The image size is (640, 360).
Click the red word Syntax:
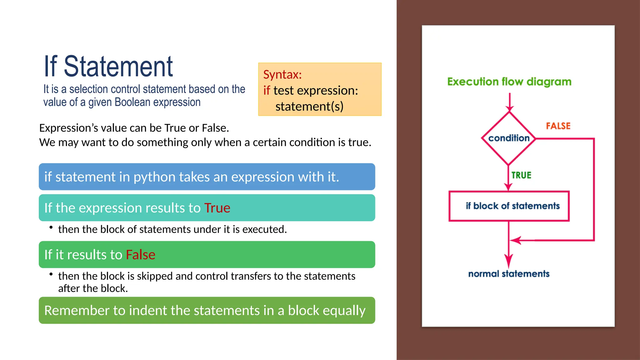click(282, 75)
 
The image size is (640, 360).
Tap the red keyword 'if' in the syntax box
click(266, 91)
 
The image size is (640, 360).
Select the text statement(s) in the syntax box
click(309, 107)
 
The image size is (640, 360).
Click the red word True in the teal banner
click(217, 208)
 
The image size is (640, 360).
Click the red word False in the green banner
click(140, 255)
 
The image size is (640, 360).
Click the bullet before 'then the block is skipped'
click(51, 274)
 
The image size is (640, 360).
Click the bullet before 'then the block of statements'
click(51, 227)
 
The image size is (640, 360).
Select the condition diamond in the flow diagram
click(509, 138)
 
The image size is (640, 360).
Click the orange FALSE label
click(558, 126)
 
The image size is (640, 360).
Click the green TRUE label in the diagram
click(521, 175)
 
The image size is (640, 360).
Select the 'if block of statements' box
click(509, 206)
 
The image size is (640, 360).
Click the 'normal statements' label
click(509, 274)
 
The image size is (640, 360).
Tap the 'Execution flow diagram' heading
click(509, 82)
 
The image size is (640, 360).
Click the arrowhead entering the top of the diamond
click(509, 108)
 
